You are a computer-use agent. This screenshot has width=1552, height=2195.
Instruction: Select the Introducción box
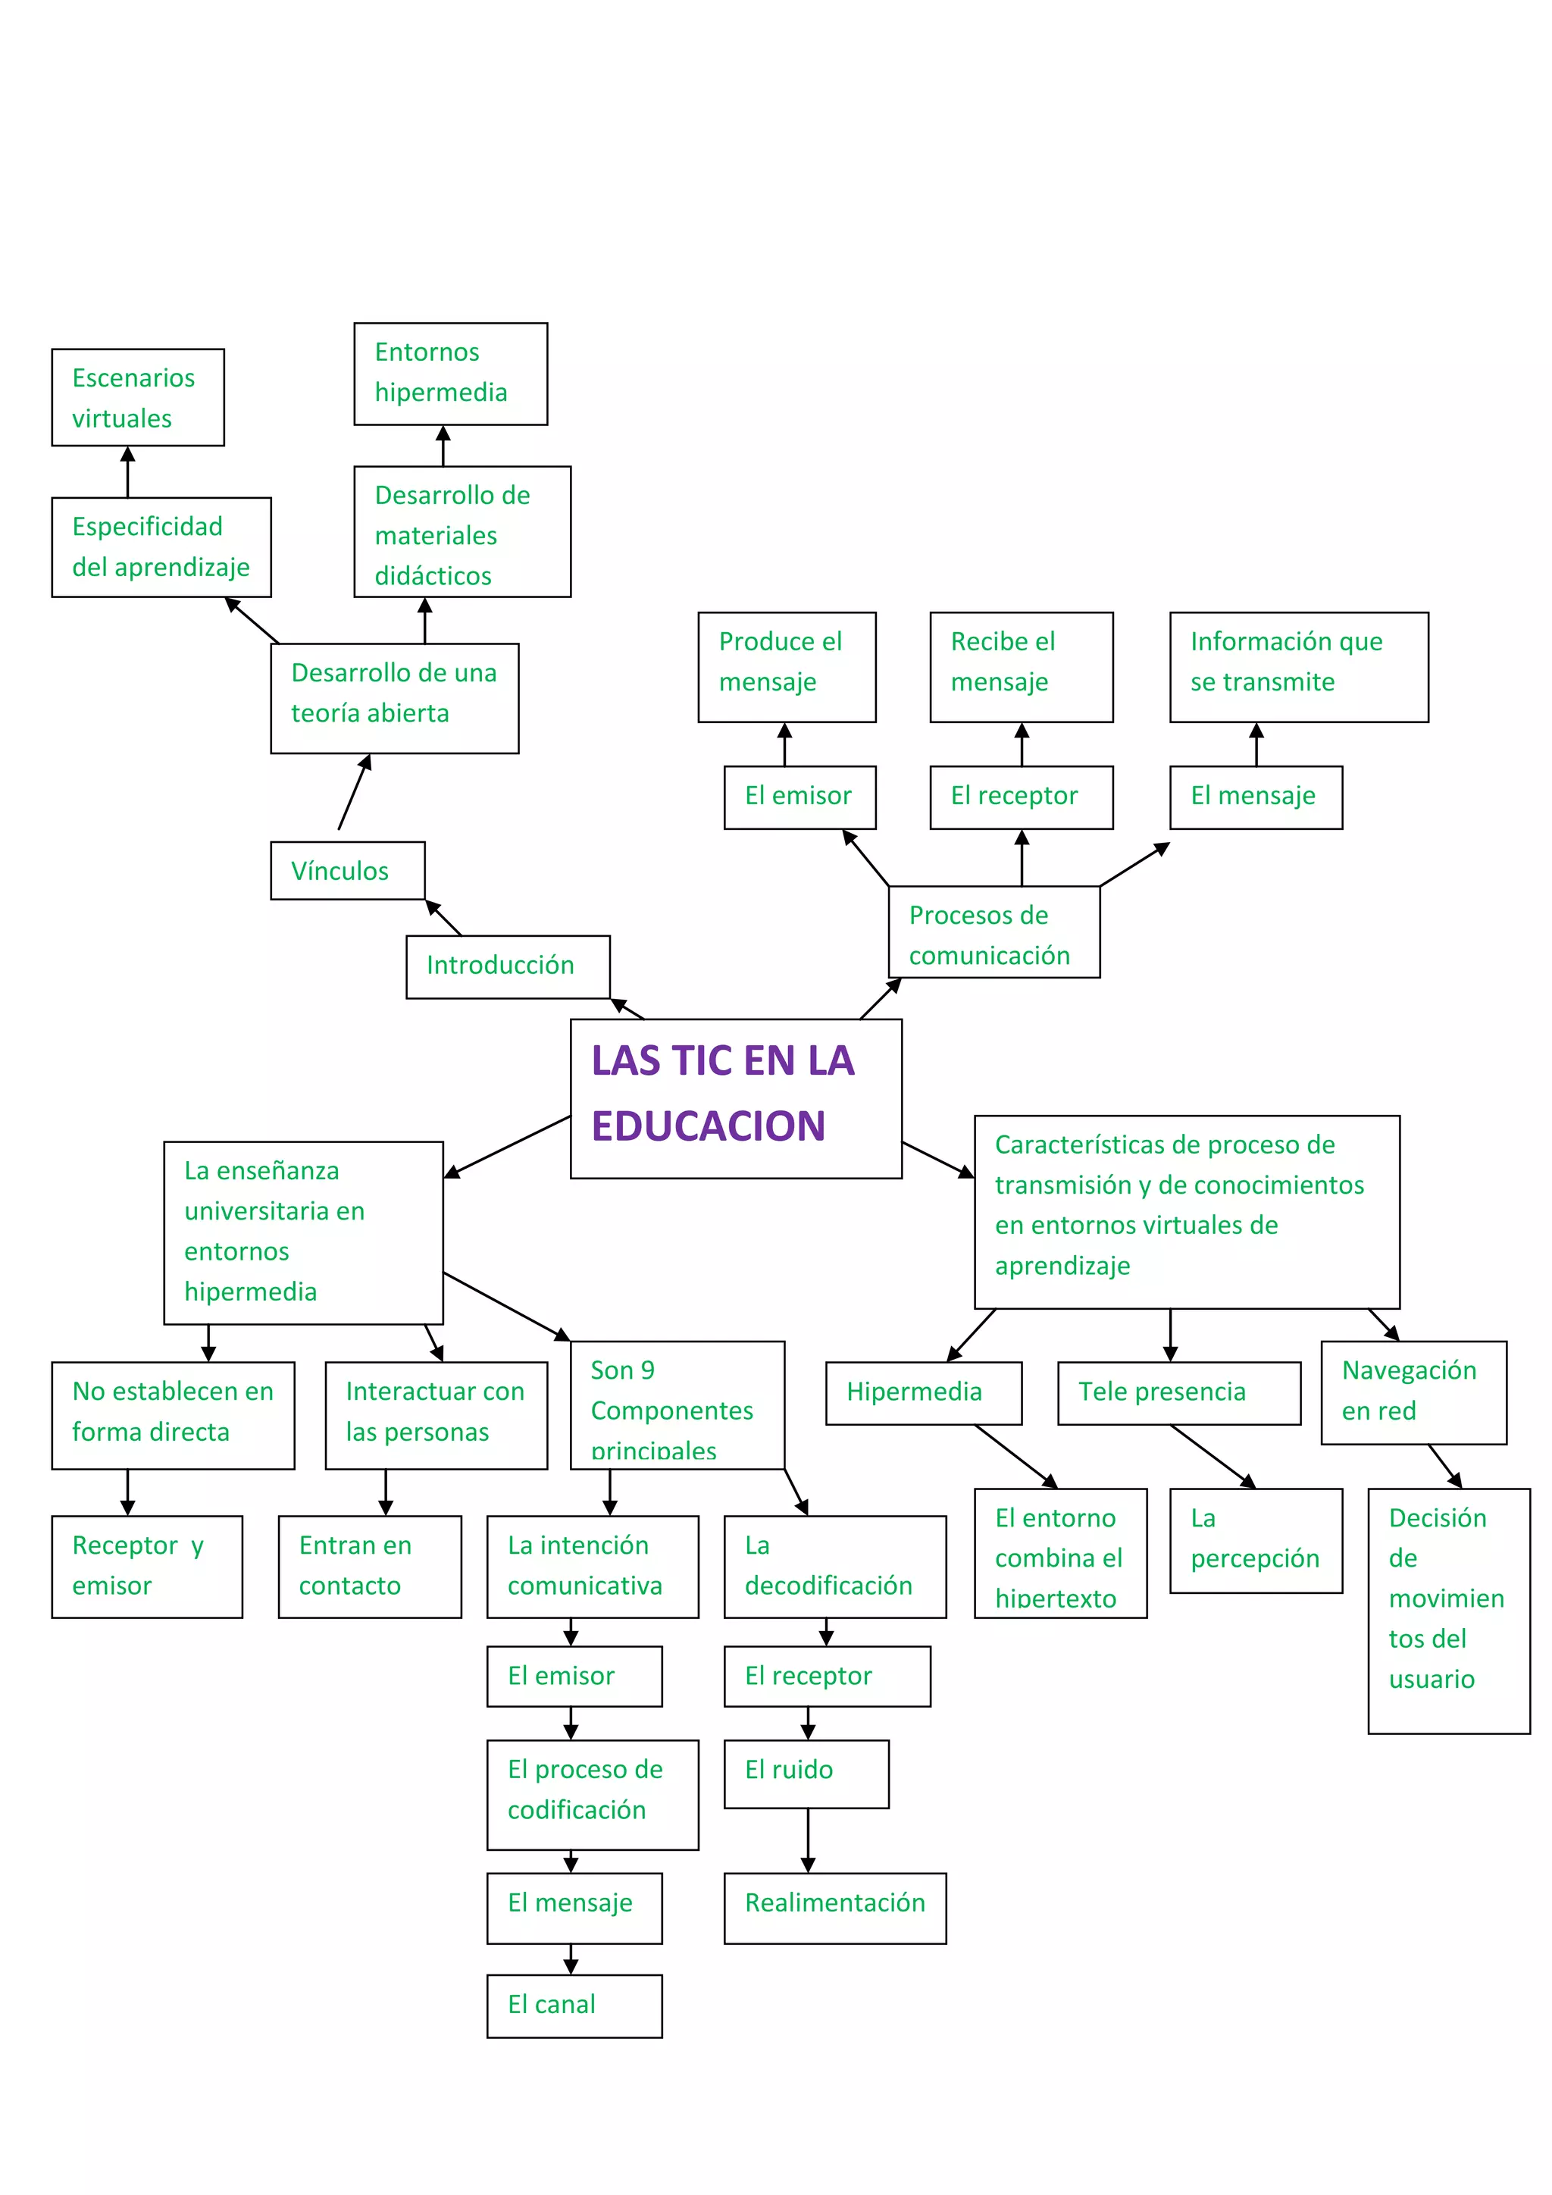click(x=508, y=966)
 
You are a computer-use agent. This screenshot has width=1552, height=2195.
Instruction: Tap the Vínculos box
click(x=347, y=870)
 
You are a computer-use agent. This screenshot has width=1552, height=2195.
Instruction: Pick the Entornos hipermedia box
click(x=450, y=373)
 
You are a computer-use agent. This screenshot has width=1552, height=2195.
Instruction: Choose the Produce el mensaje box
click(x=786, y=666)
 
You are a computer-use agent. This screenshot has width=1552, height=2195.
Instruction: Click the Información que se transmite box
click(x=1298, y=666)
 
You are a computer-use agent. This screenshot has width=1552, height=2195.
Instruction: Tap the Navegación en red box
click(x=1413, y=1392)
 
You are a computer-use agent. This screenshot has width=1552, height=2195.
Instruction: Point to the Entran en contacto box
click(x=369, y=1566)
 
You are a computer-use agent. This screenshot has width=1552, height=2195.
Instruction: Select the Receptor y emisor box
click(x=146, y=1566)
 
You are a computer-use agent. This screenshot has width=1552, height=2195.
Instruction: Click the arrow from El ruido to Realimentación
click(x=808, y=1840)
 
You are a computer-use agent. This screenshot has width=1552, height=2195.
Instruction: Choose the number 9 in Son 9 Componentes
click(x=647, y=1370)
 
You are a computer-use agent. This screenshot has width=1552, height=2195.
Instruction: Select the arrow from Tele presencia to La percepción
click(x=1212, y=1456)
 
